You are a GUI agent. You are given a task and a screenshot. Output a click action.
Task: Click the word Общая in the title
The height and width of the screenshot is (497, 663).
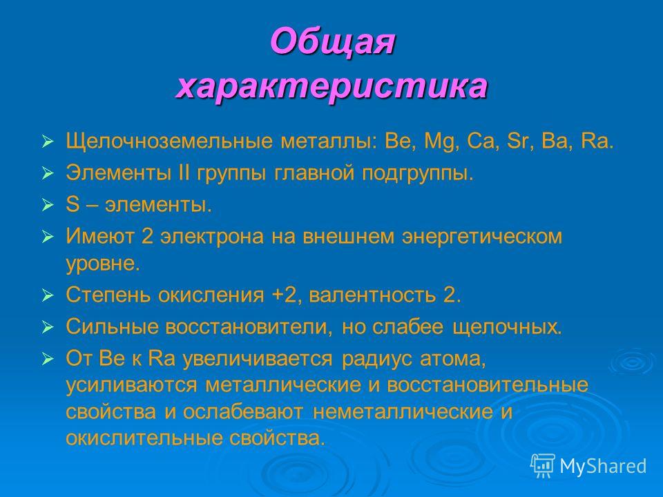pyautogui.click(x=333, y=41)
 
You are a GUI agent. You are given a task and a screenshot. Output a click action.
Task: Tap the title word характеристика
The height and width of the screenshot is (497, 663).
pyautogui.click(x=332, y=87)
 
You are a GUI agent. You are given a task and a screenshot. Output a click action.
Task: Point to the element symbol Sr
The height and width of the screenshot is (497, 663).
pyautogui.click(x=517, y=141)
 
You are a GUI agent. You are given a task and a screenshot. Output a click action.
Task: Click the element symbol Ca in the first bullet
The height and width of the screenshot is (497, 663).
pyautogui.click(x=481, y=141)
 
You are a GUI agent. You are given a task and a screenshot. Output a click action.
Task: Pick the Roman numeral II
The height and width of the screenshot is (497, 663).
pyautogui.click(x=184, y=173)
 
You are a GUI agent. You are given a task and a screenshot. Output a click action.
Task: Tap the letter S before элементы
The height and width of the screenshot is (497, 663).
pyautogui.click(x=73, y=204)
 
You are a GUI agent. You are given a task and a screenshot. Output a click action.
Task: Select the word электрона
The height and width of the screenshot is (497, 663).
pyautogui.click(x=211, y=237)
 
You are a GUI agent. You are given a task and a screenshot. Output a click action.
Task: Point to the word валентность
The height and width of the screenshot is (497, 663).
pyautogui.click(x=372, y=295)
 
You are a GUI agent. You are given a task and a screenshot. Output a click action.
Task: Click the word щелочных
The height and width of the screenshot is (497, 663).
pyautogui.click(x=507, y=327)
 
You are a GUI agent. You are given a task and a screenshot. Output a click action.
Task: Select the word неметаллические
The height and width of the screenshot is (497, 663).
pyautogui.click(x=403, y=411)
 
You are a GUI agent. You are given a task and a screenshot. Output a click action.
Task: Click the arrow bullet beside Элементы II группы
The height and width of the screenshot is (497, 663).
pyautogui.click(x=48, y=174)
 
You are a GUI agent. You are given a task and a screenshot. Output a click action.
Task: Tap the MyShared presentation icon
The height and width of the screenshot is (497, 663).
pyautogui.click(x=543, y=466)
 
